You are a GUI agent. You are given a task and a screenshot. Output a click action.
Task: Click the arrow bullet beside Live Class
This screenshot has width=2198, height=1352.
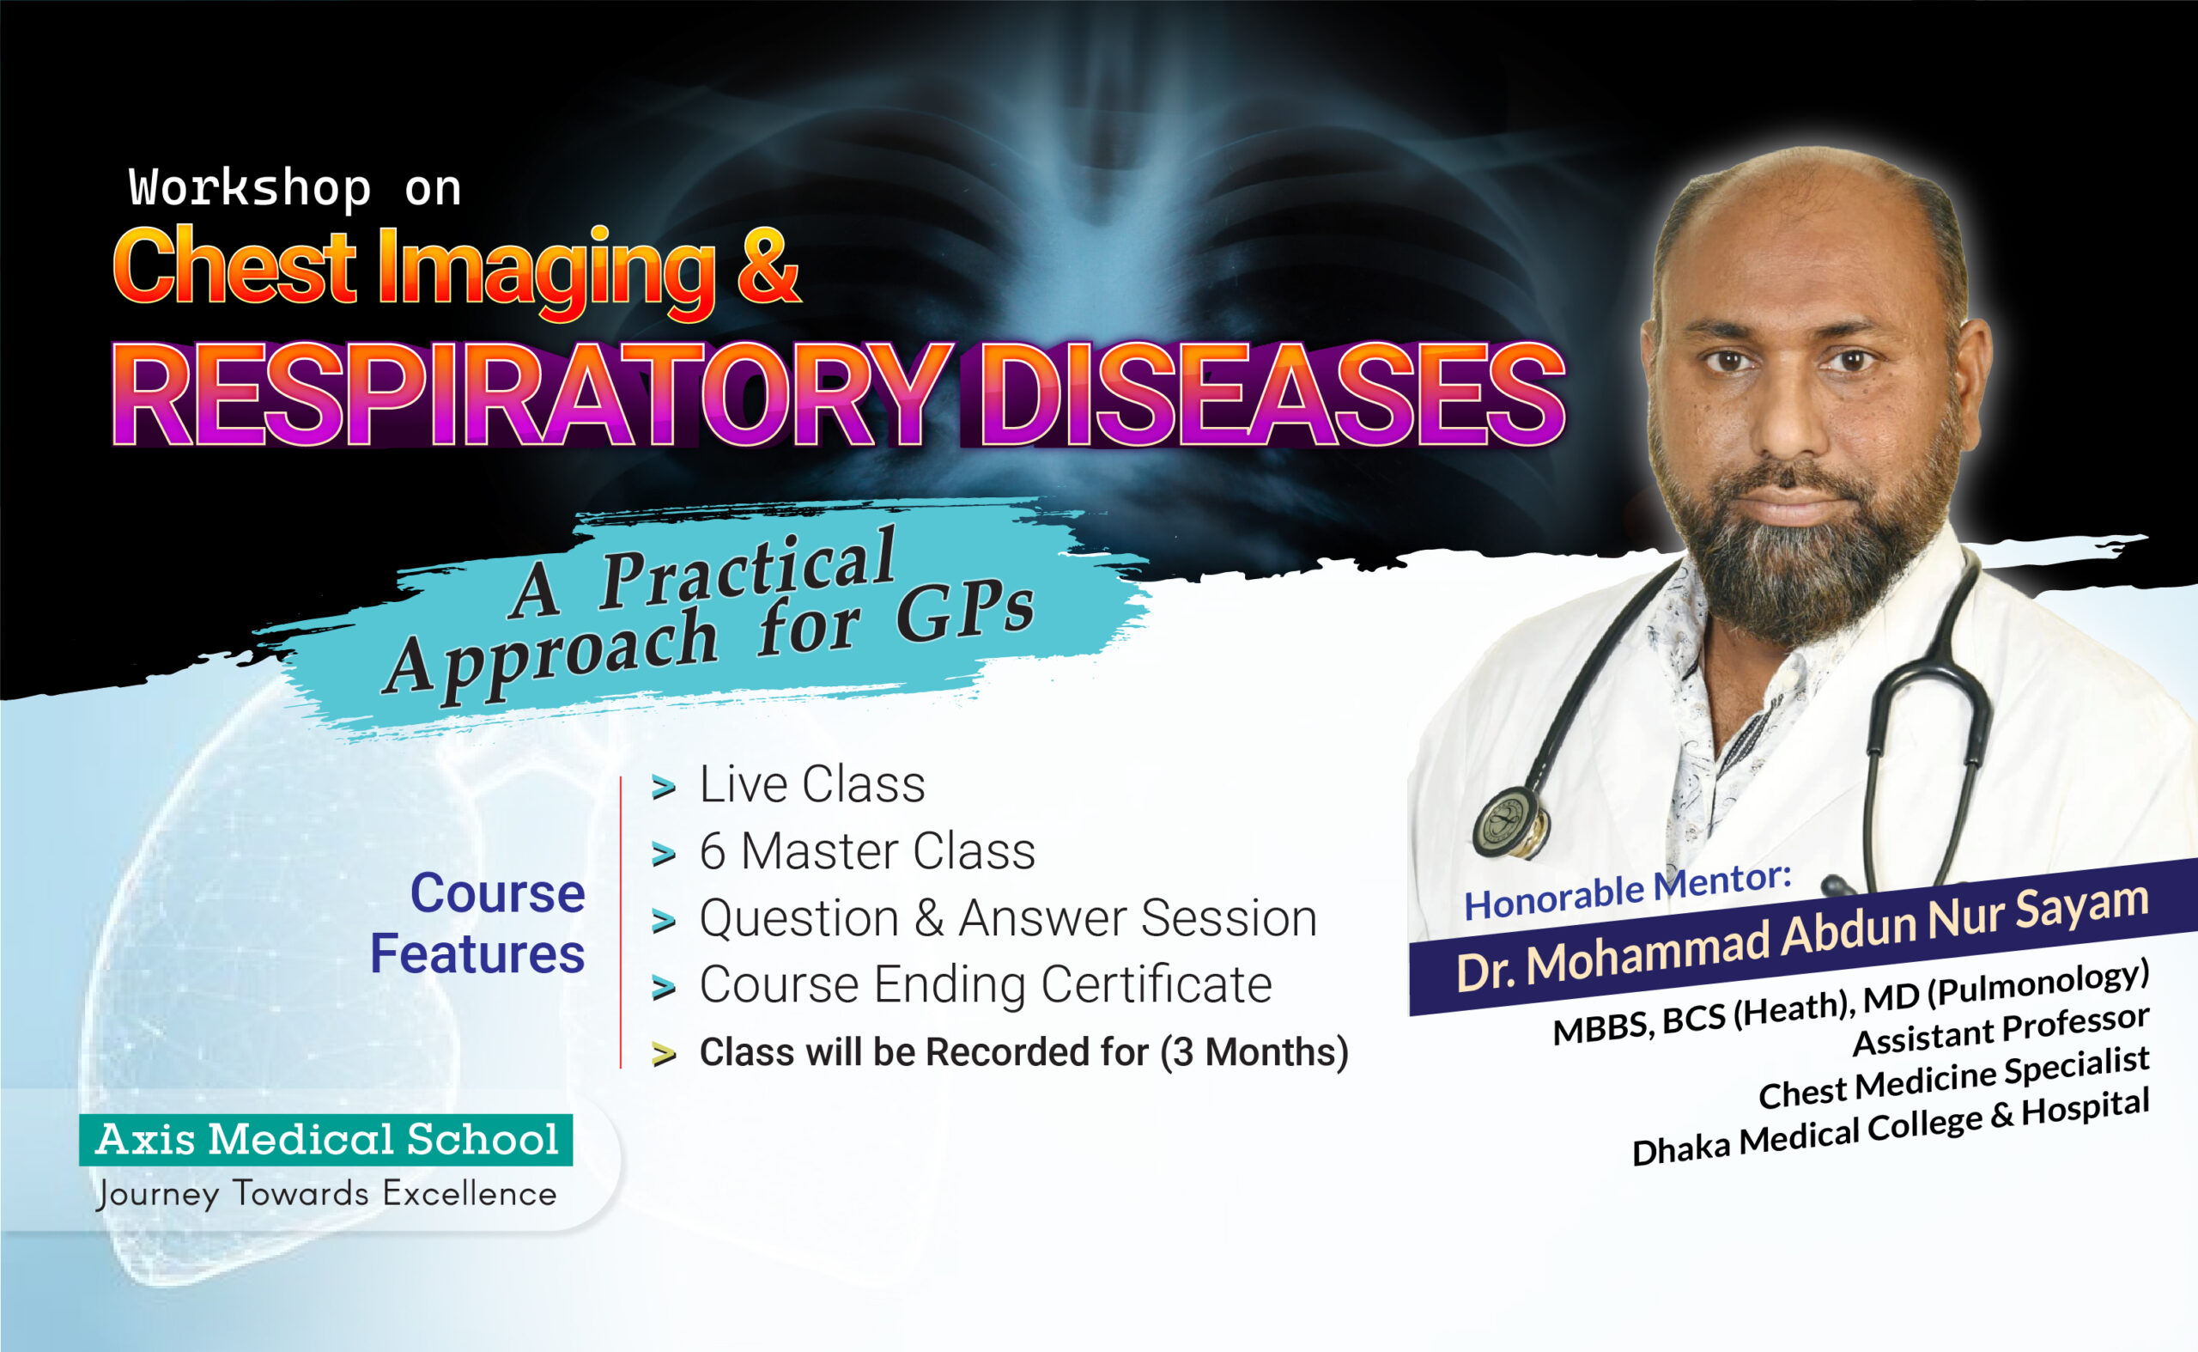663,788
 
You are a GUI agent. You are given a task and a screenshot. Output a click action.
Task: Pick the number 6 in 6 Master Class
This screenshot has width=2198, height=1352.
713,850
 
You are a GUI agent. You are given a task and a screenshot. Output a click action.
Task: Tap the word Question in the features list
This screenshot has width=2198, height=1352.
798,918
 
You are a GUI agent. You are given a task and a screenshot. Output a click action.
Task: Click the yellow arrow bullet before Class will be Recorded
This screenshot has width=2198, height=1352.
663,1054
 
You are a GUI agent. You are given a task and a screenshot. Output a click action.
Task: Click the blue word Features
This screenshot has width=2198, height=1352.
477,954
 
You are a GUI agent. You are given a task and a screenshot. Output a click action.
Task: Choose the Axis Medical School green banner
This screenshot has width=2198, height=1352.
326,1139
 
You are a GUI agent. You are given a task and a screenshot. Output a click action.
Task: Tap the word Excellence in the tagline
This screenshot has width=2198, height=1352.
470,1195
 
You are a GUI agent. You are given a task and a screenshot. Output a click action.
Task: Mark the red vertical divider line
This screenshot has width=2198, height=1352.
621,921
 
